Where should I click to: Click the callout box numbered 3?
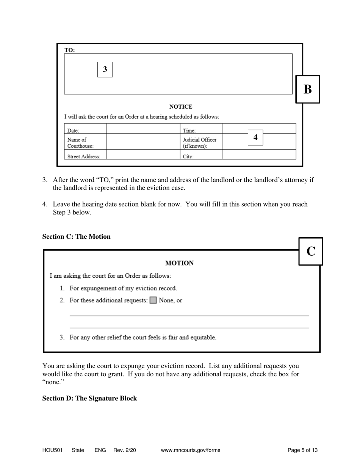tap(105, 69)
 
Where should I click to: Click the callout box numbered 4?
tap(255, 138)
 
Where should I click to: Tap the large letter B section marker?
tap(307, 89)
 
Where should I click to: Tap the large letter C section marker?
tap(311, 251)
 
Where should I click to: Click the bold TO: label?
tap(70, 50)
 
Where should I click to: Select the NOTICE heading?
tap(180, 107)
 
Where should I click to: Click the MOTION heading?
tap(180, 263)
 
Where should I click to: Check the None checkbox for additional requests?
tap(153, 300)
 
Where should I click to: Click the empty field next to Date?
tap(143, 129)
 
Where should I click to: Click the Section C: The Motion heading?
tap(77, 237)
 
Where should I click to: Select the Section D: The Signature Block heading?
tap(89, 399)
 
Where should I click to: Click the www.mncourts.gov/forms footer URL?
tap(191, 450)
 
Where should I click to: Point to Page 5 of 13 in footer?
tap(302, 450)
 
